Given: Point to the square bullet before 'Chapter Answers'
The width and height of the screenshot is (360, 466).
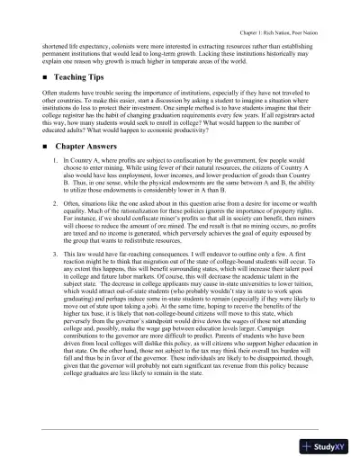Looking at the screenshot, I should [x=44, y=145].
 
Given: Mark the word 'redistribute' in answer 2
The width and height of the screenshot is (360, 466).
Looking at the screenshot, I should [x=179, y=241].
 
